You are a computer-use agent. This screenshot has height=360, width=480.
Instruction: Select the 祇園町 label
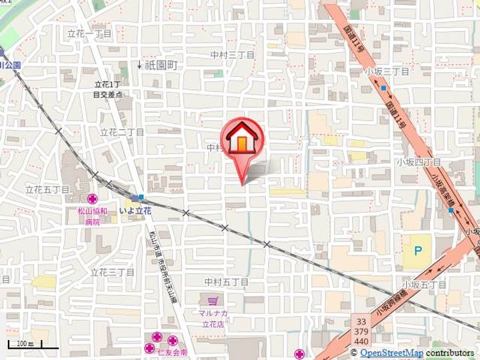pos(161,65)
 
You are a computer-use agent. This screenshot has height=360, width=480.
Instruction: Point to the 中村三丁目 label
pos(232,55)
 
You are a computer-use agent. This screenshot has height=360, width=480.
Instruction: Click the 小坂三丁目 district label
pos(386,70)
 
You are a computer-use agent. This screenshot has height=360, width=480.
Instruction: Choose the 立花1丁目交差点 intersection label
pos(107,90)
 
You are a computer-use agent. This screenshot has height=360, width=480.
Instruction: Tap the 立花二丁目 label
pos(122,132)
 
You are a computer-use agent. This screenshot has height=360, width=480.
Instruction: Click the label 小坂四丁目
pos(418,161)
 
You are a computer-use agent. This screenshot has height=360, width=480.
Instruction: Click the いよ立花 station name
pos(135,211)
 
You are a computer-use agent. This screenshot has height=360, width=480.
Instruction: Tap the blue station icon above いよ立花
pos(139,197)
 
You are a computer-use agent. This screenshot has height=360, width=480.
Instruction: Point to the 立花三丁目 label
pos(112,272)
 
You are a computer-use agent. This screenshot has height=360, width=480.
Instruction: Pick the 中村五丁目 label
pos(227,282)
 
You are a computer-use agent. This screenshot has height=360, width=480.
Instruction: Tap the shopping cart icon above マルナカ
pos(213,301)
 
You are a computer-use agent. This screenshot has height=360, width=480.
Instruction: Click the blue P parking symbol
pos(417,251)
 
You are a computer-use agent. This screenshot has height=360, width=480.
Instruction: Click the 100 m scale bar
pos(25,344)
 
